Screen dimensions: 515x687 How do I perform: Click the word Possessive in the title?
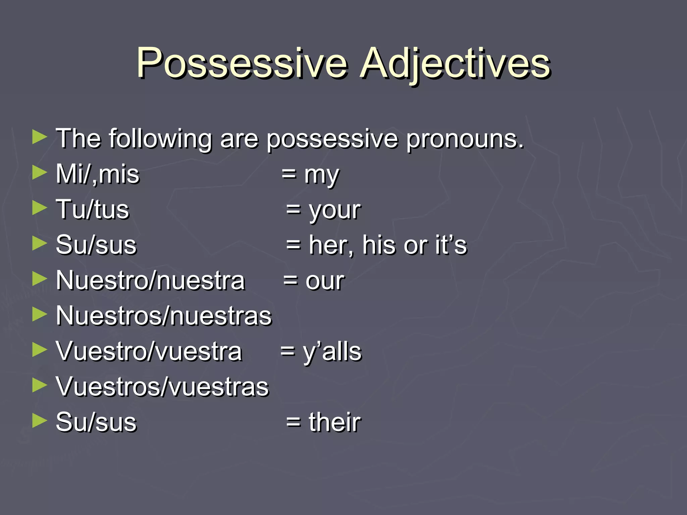coord(242,63)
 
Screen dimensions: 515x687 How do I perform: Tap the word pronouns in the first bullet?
coord(465,139)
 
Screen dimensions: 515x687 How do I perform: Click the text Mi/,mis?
coord(97,174)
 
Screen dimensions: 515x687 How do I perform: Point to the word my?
coord(321,176)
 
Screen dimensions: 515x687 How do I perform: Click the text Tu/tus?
coord(93,210)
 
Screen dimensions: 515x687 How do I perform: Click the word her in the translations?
coord(330,245)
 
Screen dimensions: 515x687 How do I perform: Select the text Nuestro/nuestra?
coord(150,281)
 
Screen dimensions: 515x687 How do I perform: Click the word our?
coord(324,281)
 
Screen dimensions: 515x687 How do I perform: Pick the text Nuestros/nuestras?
coord(164,316)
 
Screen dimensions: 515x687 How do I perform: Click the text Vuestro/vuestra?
coord(149,352)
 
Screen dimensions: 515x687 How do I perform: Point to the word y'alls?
coord(332,352)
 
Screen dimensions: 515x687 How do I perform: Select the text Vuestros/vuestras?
coord(162,387)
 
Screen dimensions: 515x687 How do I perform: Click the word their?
coord(334,422)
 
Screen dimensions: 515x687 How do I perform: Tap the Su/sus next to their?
coord(96,422)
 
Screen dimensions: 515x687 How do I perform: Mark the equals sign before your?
coord(293,211)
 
